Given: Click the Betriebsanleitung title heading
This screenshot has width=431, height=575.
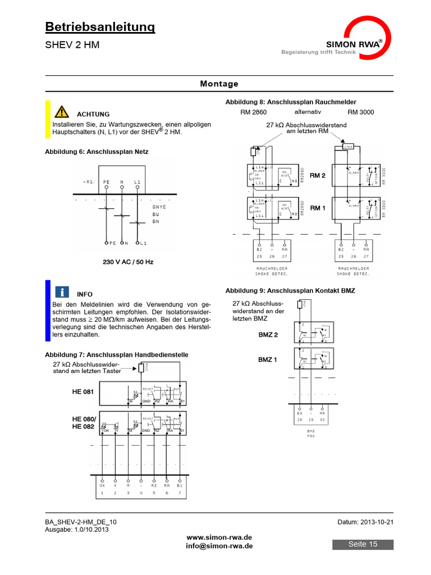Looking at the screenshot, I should click(x=100, y=26).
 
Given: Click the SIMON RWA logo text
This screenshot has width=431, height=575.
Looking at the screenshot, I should click(x=352, y=44).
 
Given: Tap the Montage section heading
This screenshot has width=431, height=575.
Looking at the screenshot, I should click(x=219, y=84).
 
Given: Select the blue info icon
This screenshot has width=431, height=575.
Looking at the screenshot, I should click(x=62, y=291).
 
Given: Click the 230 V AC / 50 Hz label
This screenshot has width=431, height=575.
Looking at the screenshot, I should click(x=128, y=262).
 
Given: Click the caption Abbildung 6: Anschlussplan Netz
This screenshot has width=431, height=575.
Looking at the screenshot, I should click(x=97, y=151).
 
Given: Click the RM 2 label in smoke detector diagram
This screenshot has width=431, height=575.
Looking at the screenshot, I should click(x=318, y=175).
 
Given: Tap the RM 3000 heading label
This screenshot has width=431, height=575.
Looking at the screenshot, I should click(x=361, y=112).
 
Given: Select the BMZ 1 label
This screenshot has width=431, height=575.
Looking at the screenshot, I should click(x=268, y=359).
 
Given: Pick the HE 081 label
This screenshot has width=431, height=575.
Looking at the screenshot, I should click(x=84, y=391).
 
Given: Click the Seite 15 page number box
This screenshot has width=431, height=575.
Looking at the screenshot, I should click(x=363, y=544).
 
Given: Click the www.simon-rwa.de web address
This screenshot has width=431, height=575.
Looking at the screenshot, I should click(x=219, y=537).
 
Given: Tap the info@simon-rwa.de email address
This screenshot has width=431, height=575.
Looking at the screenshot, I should click(x=219, y=546).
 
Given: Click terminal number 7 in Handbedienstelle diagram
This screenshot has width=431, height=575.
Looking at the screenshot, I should click(x=180, y=493).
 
